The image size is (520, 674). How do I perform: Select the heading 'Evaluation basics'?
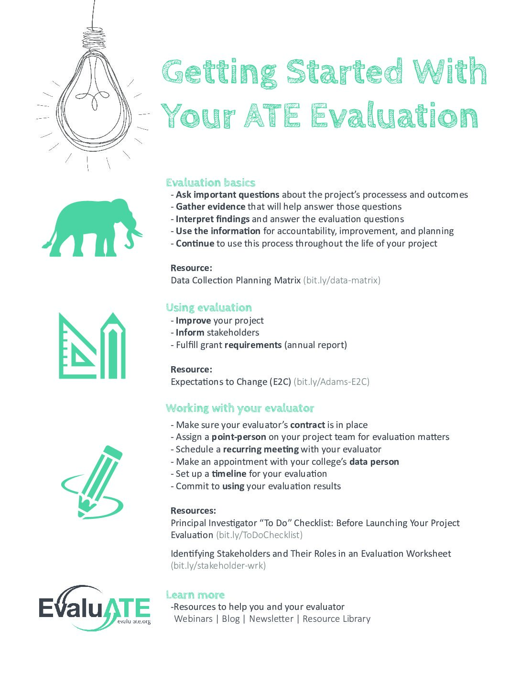pyautogui.click(x=210, y=182)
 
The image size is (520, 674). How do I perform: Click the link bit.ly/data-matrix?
pyautogui.click(x=342, y=281)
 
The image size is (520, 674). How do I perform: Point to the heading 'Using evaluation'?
pyautogui.click(x=208, y=308)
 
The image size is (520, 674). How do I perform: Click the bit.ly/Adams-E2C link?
pyautogui.click(x=331, y=382)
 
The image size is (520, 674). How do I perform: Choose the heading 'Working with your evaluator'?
pyautogui.click(x=239, y=408)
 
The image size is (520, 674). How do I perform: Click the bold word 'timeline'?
pyautogui.click(x=229, y=474)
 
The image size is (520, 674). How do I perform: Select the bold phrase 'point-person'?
pyautogui.click(x=238, y=437)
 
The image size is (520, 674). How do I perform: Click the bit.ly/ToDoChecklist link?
pyautogui.click(x=259, y=535)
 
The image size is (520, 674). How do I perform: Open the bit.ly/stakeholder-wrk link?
pyautogui.click(x=218, y=566)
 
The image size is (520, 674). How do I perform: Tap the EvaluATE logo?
pyautogui.click(x=94, y=608)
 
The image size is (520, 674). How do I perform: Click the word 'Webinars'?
pyautogui.click(x=193, y=619)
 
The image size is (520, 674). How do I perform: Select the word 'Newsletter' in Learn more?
pyautogui.click(x=271, y=619)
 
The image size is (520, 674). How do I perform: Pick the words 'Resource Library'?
pyautogui.click(x=336, y=619)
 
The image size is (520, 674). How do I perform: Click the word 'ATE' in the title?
pyautogui.click(x=271, y=116)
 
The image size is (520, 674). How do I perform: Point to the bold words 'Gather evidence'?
pyautogui.click(x=210, y=207)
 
